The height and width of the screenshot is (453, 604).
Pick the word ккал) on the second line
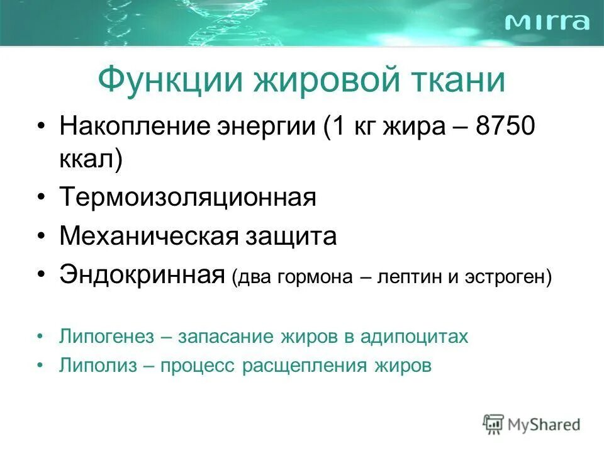(x=91, y=159)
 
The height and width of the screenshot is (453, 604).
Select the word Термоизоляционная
(x=187, y=198)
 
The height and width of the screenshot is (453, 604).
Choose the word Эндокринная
(x=143, y=275)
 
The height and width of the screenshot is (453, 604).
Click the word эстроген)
(x=508, y=277)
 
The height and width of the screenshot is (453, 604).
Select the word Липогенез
(x=107, y=337)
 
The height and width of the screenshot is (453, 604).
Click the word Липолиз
(x=98, y=366)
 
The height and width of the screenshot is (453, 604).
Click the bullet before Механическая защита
(x=41, y=237)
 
